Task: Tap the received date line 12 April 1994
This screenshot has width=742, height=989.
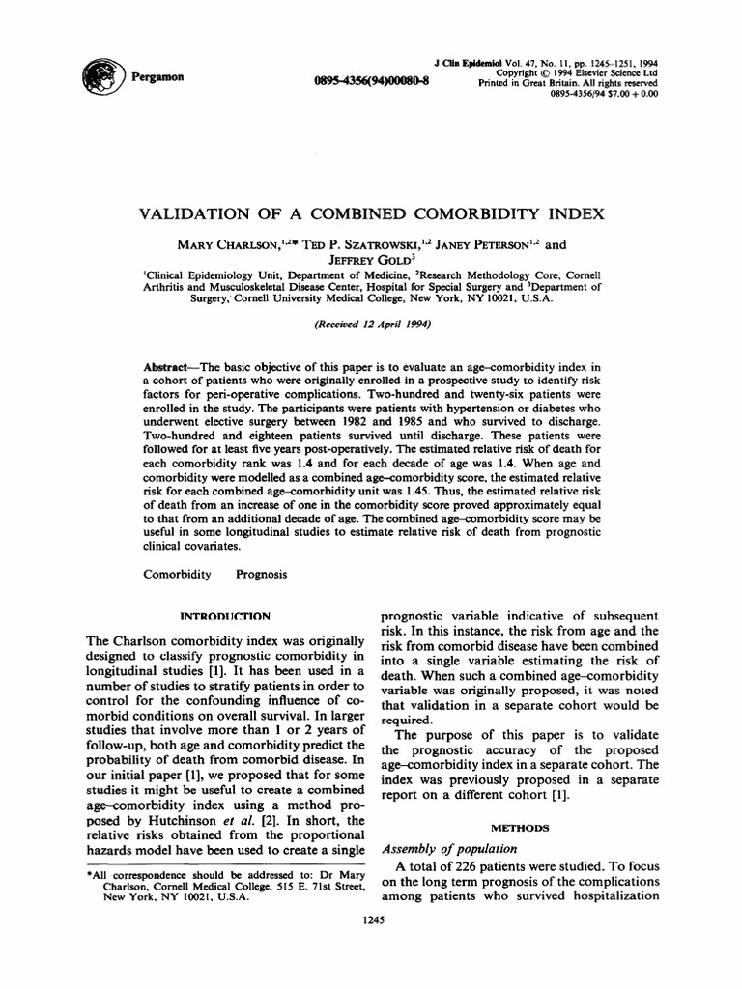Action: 372,325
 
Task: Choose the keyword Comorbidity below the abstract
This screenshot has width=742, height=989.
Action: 177,574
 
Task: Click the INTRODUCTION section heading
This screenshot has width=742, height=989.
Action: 226,615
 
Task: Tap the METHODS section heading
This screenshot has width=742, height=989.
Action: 523,827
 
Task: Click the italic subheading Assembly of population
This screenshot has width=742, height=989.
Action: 444,849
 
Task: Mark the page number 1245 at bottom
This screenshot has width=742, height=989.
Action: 372,920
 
